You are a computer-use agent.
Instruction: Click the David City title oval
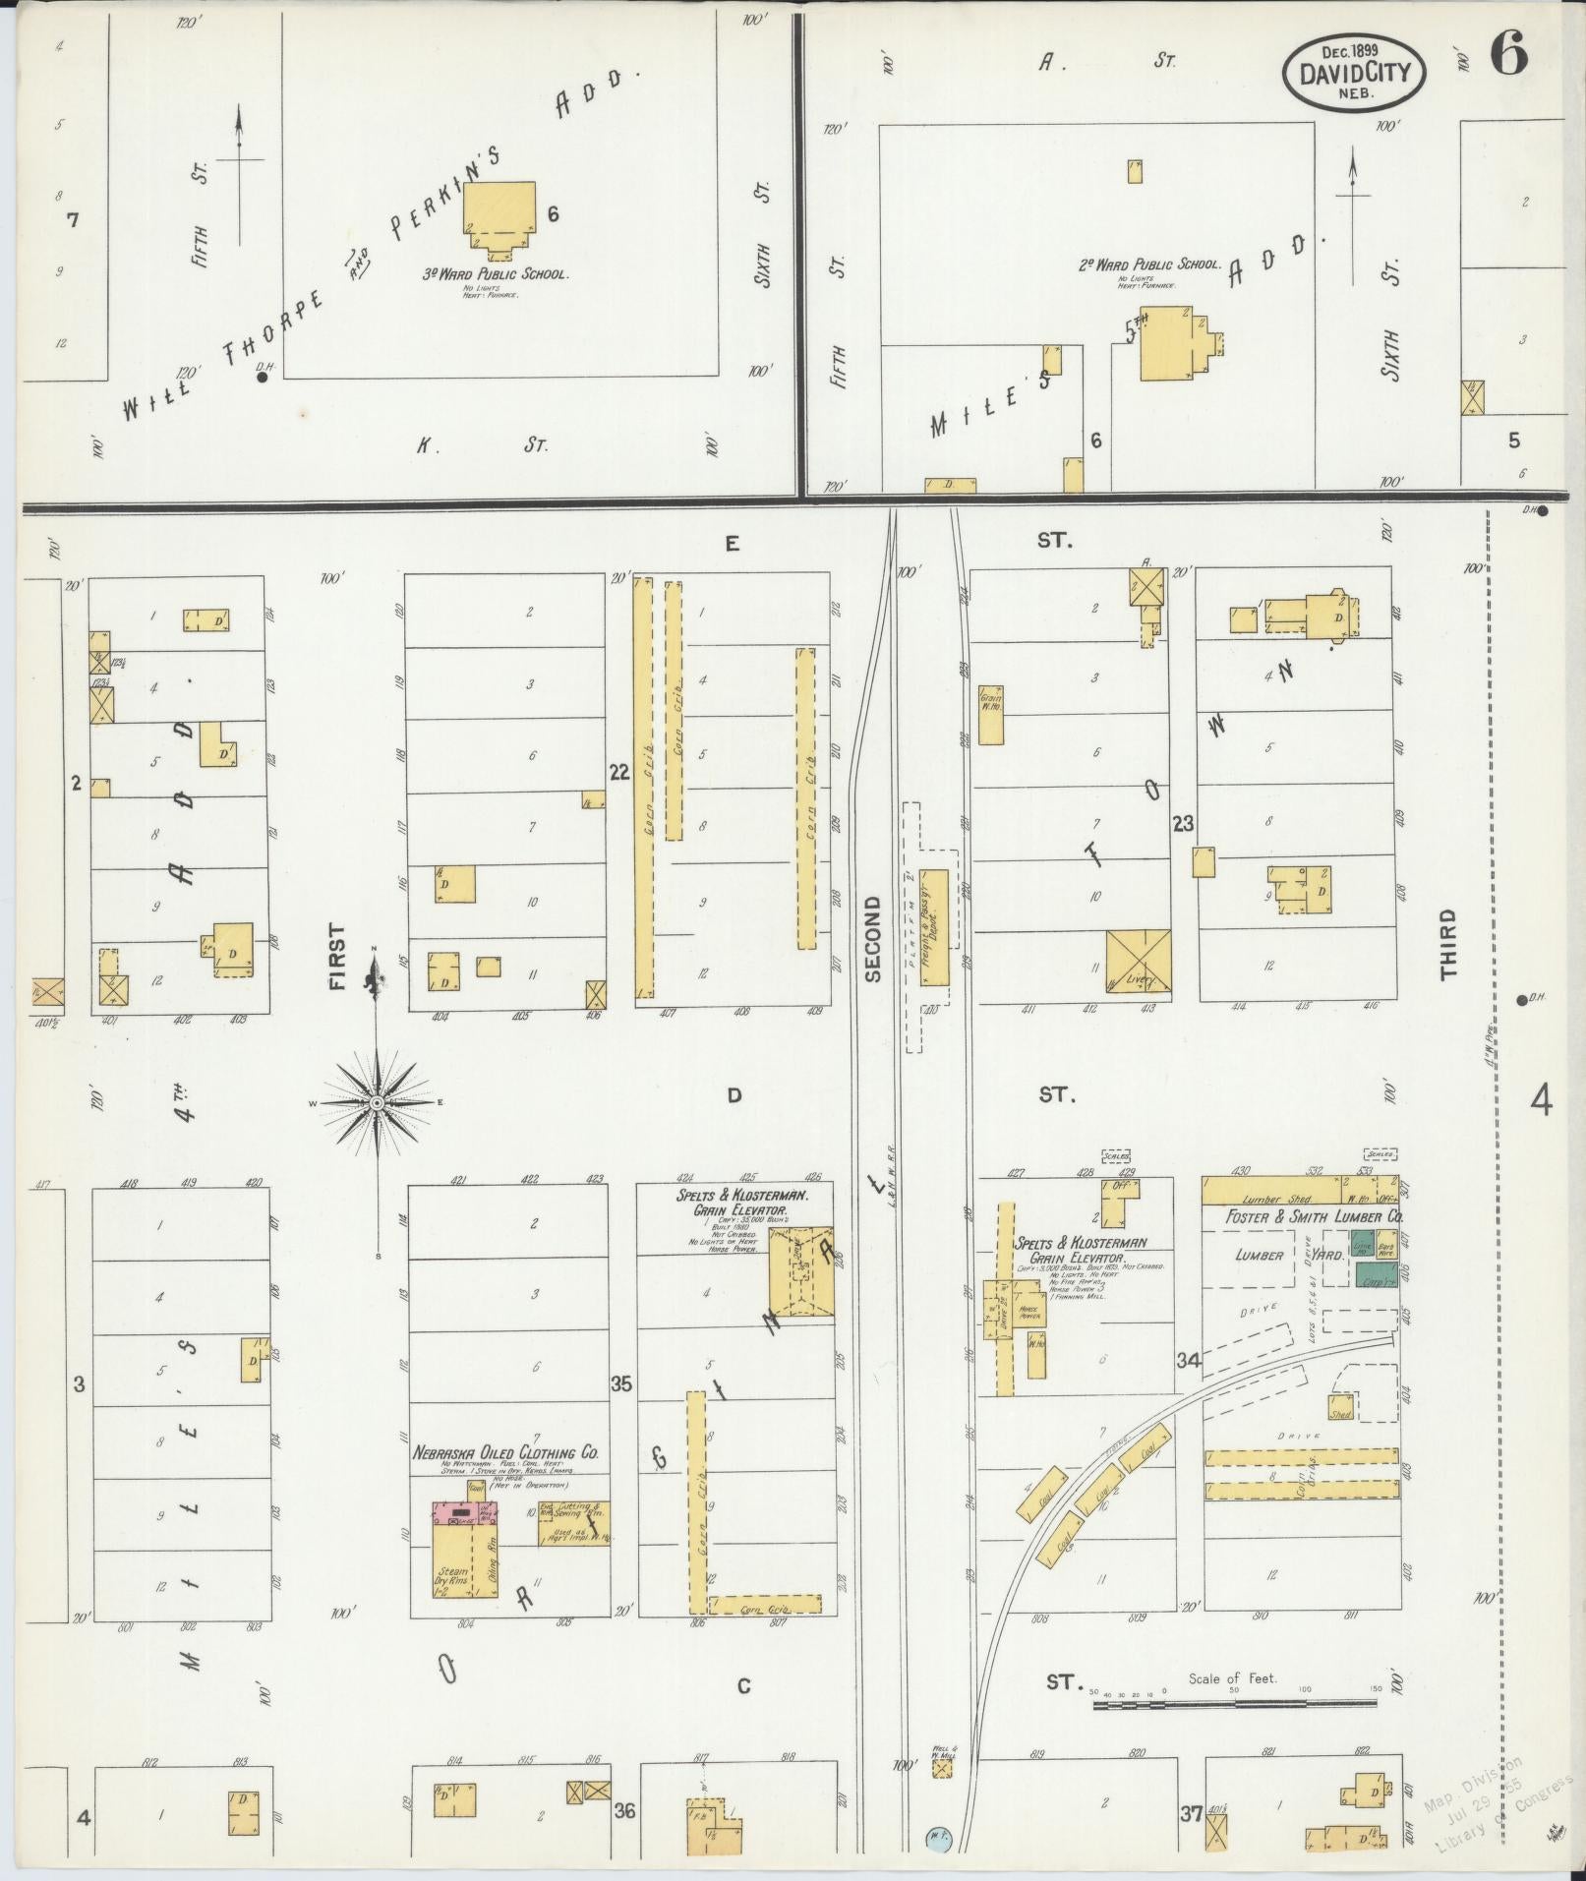(x=1355, y=70)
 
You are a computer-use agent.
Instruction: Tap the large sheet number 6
(x=1509, y=56)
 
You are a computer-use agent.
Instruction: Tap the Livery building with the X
(x=1138, y=961)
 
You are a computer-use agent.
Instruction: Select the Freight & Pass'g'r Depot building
(x=933, y=926)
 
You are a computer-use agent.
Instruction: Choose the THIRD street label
(x=1447, y=944)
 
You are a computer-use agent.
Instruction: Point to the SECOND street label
(x=872, y=938)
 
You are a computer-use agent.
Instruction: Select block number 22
(x=618, y=773)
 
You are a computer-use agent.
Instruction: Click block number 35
(x=620, y=1384)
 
